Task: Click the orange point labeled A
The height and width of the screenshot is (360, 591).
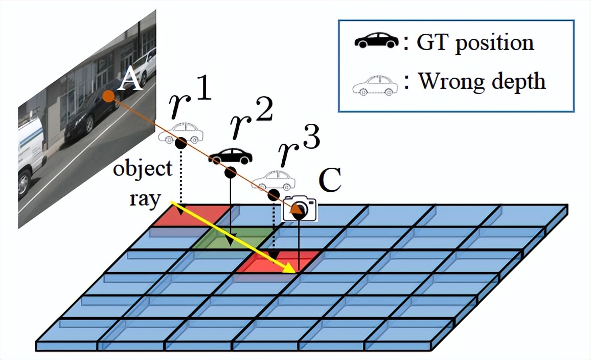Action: (107, 96)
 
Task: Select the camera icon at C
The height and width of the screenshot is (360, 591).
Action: (300, 208)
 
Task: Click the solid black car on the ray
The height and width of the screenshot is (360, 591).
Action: (230, 156)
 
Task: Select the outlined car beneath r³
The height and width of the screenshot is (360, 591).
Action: (274, 180)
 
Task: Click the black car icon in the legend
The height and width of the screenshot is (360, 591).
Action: (376, 40)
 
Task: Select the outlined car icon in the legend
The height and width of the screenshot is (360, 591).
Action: (375, 85)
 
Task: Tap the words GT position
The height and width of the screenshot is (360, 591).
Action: (475, 42)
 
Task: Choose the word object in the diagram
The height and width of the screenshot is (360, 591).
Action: (143, 169)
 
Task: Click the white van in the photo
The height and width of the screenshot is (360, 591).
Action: (32, 153)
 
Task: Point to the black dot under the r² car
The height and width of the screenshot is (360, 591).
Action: (230, 173)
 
